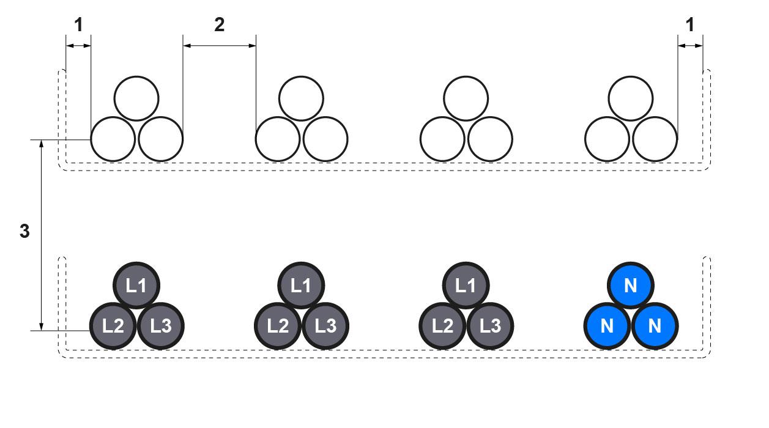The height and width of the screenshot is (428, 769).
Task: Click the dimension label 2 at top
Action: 219,24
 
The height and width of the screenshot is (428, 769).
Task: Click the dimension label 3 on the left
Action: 24,232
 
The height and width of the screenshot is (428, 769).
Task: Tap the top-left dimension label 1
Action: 78,24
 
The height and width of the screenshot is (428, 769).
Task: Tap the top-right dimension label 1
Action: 690,24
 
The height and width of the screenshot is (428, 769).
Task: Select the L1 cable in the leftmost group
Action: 136,286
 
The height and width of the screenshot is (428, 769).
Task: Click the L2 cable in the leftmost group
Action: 113,325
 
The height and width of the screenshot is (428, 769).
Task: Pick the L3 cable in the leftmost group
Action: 161,325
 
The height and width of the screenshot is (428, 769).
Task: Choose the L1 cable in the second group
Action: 301,286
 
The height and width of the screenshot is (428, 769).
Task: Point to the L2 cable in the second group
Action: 278,325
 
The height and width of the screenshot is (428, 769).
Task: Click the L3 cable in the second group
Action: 325,325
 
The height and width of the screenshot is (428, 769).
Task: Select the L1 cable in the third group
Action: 466,286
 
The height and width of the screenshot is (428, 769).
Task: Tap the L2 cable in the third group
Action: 442,325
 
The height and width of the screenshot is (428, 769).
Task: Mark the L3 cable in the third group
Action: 490,325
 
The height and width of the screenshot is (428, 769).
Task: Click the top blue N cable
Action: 631,286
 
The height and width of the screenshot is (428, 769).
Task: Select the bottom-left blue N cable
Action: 607,325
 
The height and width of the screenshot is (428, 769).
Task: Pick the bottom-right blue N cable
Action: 655,325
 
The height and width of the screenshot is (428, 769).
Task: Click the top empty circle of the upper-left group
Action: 136,98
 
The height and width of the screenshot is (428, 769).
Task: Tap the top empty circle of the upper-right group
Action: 631,98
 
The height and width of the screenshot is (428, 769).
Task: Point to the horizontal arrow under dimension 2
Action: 219,45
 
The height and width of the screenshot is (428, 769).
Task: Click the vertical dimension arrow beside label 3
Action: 41,235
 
